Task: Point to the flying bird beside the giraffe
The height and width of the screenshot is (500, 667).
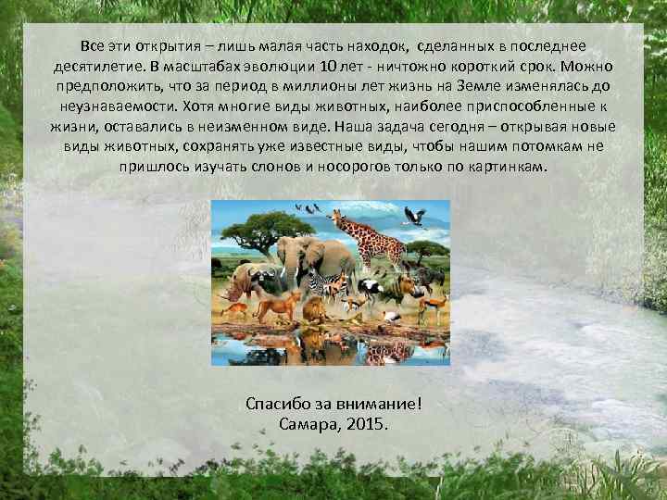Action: [414, 216]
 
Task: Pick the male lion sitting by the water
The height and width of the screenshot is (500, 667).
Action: [315, 309]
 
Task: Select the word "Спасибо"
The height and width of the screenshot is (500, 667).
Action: [278, 405]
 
